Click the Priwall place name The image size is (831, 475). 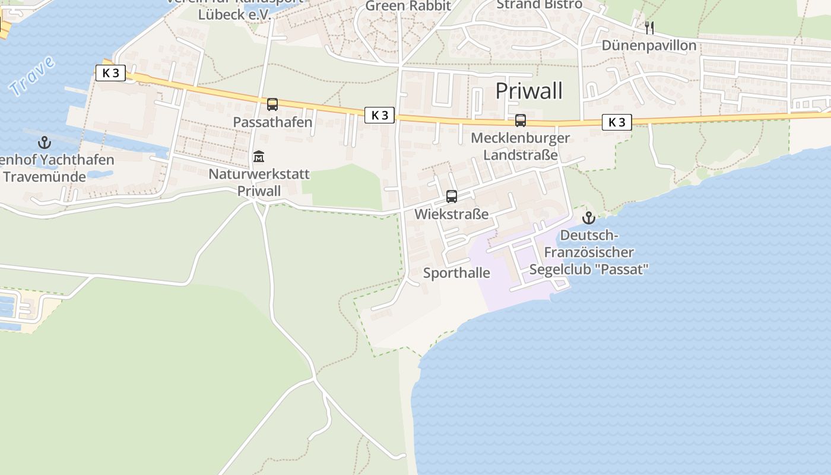click(528, 91)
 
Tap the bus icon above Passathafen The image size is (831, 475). click(272, 105)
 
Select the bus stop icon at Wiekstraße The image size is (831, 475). click(452, 197)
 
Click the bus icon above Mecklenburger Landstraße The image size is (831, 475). click(521, 121)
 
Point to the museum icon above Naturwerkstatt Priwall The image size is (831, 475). click(259, 157)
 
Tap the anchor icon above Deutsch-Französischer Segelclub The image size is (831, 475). click(588, 218)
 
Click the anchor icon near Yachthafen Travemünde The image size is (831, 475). click(45, 142)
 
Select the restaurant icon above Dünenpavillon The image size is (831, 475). click(649, 27)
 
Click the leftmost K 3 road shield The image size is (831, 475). click(110, 73)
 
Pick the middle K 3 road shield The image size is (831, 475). click(379, 115)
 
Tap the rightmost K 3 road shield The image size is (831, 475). click(617, 122)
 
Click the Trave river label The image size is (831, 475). click(32, 75)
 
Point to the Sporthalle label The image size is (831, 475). click(456, 273)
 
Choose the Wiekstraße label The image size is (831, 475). click(451, 214)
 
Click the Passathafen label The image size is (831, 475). click(272, 122)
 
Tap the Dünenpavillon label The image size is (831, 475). click(649, 46)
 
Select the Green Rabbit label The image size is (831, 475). click(408, 6)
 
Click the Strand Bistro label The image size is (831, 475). click(539, 5)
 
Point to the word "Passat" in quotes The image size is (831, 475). click(624, 269)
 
